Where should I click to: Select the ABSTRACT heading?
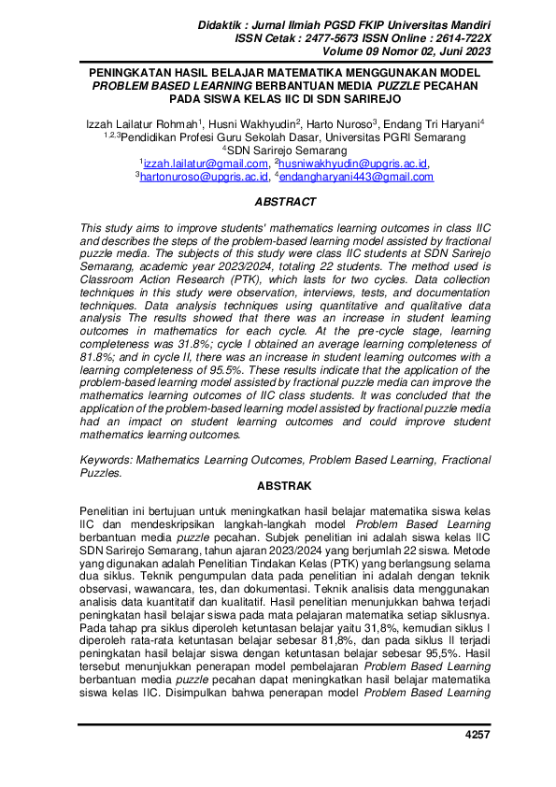(x=278, y=201)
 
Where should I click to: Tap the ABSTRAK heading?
(x=278, y=486)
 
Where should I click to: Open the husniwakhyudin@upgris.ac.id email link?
(x=349, y=163)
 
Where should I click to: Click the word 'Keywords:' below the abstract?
(x=107, y=460)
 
